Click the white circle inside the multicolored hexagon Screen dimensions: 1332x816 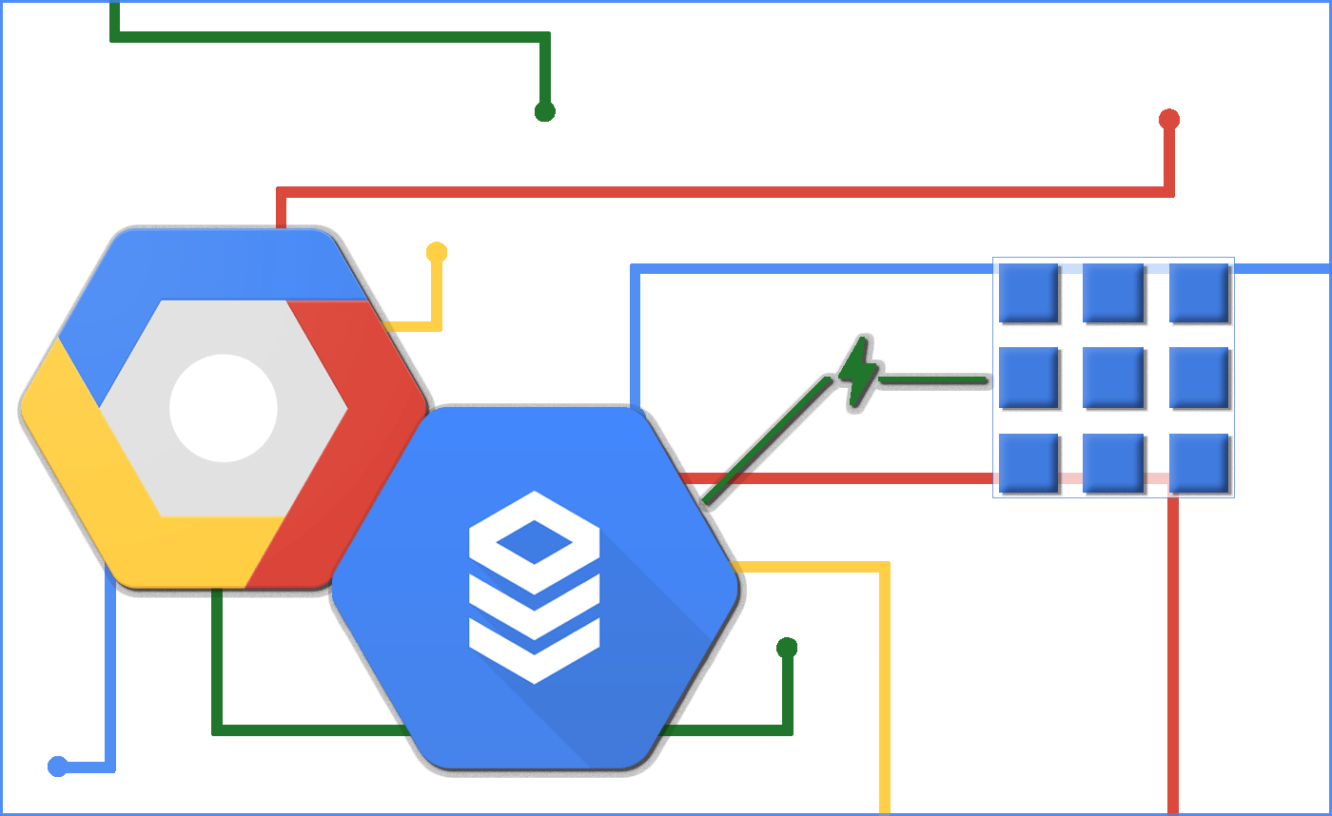[224, 409]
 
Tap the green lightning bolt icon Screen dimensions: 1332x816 [858, 374]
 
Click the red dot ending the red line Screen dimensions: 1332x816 [1169, 120]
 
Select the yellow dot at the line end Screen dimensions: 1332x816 [437, 253]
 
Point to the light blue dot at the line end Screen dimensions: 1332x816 [58, 767]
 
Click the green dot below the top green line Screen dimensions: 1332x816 [544, 112]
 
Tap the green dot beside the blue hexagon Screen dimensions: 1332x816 [787, 649]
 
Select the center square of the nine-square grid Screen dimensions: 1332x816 [1113, 378]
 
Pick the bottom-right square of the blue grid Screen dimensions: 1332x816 [1199, 463]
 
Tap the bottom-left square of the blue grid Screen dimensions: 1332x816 [1028, 463]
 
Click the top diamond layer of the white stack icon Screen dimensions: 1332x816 [535, 540]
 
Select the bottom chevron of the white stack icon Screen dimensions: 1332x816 [535, 656]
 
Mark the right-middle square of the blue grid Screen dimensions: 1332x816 [1199, 378]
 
